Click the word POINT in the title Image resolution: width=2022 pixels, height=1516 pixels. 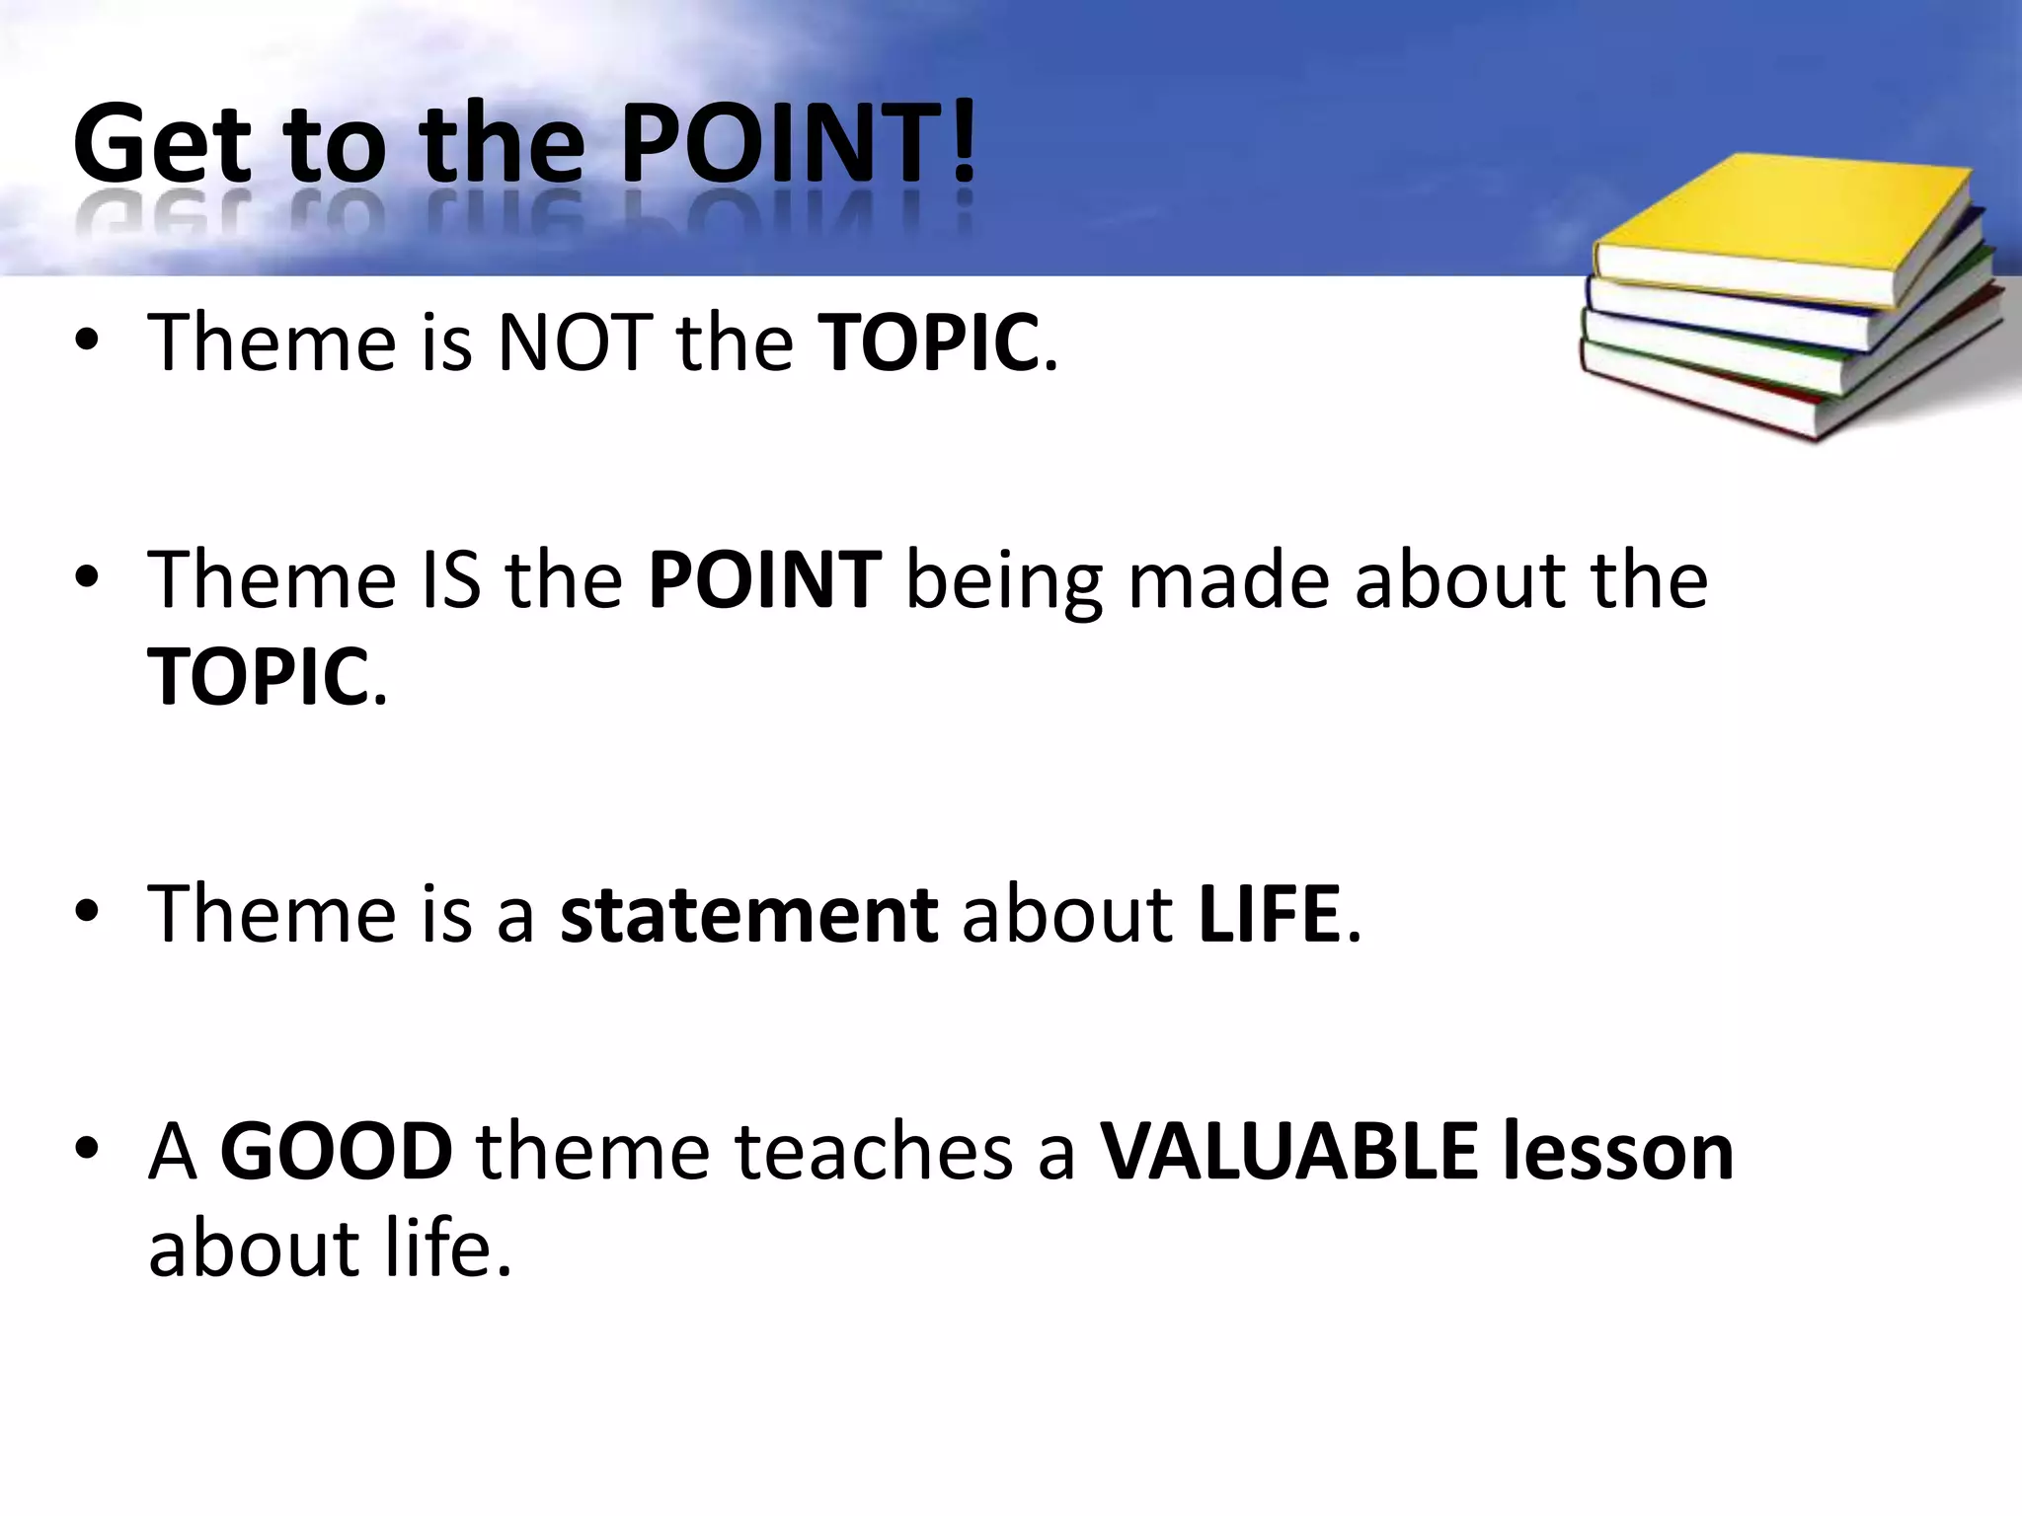[780, 144]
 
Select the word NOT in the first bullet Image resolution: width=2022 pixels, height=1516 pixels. [575, 343]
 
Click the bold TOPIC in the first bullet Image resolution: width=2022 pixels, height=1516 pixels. [929, 343]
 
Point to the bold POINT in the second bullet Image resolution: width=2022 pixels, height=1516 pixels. [764, 580]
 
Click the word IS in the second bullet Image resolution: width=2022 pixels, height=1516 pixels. [451, 580]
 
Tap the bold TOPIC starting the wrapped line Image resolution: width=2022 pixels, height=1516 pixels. [258, 677]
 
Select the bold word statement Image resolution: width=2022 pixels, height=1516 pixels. [748, 915]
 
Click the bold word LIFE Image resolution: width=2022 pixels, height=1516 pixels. [1269, 915]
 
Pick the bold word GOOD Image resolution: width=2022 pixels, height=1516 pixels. [336, 1152]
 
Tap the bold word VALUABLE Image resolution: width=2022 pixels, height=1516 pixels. [1289, 1152]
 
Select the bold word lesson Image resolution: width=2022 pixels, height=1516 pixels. [1618, 1152]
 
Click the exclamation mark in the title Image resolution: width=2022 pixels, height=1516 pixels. [964, 144]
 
